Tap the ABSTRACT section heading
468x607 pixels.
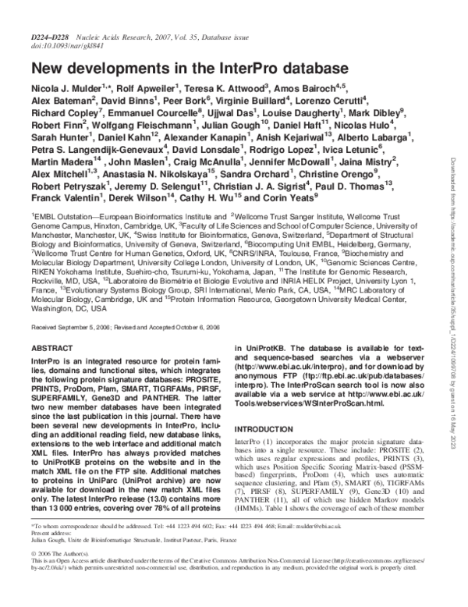[x=52, y=347]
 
